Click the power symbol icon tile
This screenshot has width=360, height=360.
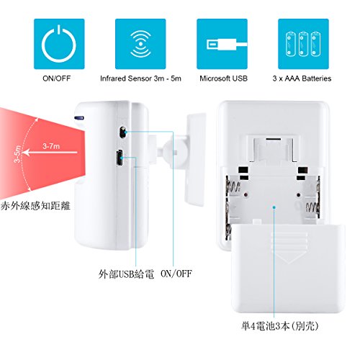59,44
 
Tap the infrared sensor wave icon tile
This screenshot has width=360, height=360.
140,44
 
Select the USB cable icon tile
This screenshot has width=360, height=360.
222,44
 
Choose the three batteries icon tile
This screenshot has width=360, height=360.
303,44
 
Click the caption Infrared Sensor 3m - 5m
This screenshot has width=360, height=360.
140,78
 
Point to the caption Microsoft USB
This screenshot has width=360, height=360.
223,78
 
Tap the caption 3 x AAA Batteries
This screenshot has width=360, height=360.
302,78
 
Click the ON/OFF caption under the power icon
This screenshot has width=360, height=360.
57,78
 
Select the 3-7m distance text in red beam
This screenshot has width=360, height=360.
51,146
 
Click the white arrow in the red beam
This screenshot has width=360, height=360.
50,153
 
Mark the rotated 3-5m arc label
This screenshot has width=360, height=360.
17,154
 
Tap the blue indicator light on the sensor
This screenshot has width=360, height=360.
79,118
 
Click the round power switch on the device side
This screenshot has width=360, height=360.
122,132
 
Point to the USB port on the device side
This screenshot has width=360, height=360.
120,158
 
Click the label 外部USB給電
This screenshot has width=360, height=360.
126,274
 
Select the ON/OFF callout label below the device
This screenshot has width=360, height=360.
176,274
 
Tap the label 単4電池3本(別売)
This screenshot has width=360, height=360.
280,326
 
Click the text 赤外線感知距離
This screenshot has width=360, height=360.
35,206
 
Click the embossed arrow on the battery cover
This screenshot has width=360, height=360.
289,248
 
